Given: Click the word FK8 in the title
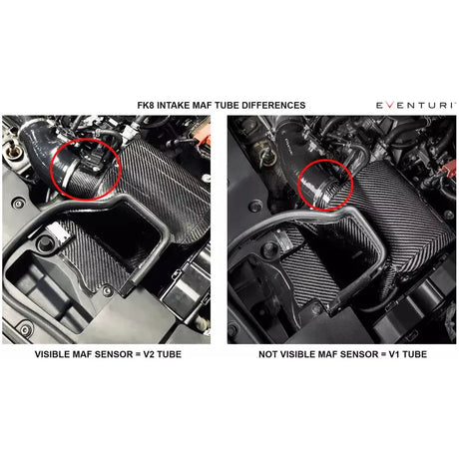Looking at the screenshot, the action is (146, 105).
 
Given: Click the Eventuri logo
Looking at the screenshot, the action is (415, 106).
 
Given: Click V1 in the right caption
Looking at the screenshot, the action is (394, 354).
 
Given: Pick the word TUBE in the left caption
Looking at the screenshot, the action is (170, 354).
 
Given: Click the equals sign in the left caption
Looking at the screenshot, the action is (138, 354).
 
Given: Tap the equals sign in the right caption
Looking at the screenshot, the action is (383, 354).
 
